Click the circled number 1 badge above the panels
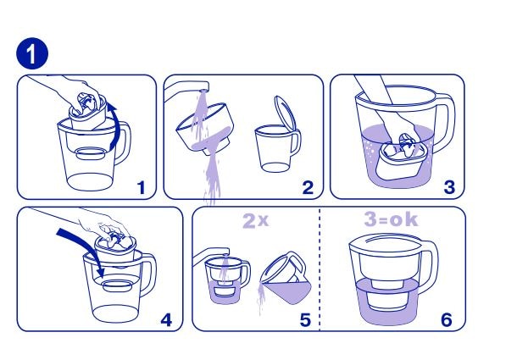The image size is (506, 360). pos(32,53)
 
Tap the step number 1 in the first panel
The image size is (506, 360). pos(142,188)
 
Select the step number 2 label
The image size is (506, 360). pos(308,188)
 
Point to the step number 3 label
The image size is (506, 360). pos(449,187)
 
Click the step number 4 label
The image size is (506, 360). pos(166,320)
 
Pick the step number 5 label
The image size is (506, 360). pos(305,320)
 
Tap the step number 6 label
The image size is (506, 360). pos(447,320)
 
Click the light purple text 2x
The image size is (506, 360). pos(255,221)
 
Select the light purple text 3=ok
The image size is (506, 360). pos(391,219)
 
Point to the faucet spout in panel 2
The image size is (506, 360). pos(187,90)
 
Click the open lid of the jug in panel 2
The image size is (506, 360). pos(285,114)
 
